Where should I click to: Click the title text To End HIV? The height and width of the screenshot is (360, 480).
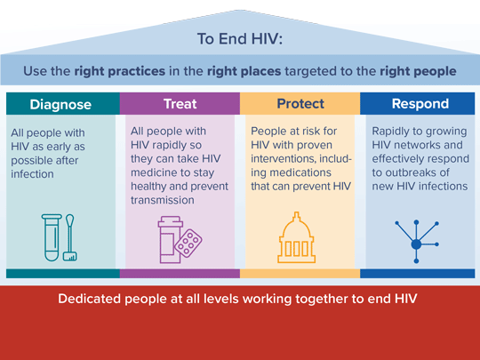point(240,38)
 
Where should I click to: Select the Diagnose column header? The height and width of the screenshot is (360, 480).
point(60,104)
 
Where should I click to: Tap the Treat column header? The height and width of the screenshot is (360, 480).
point(180,104)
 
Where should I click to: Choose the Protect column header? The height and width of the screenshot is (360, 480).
point(300,104)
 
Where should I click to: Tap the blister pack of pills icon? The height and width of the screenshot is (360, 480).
point(189,241)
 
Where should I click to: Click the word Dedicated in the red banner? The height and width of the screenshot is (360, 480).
point(92,299)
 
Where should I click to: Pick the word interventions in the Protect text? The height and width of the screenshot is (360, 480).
point(287,160)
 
